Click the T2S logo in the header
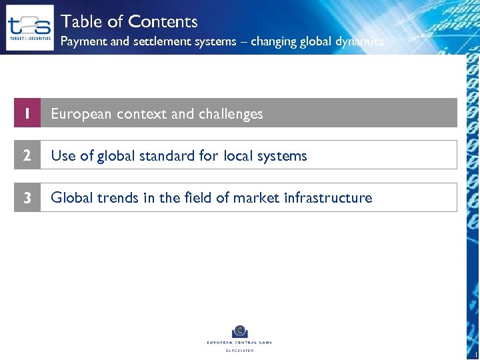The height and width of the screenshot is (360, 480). click(x=29, y=28)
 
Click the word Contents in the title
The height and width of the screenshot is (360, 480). click(x=163, y=21)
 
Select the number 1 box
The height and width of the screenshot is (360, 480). click(x=27, y=113)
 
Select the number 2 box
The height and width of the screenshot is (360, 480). click(x=27, y=155)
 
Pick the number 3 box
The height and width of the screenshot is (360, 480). click(x=27, y=197)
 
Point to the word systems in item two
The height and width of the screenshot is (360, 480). click(x=283, y=156)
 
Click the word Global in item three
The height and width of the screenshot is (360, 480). click(x=69, y=198)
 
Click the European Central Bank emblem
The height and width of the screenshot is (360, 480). click(x=239, y=331)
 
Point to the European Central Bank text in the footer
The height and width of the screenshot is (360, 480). click(x=239, y=343)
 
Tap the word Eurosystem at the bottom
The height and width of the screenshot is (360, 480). click(x=239, y=350)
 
